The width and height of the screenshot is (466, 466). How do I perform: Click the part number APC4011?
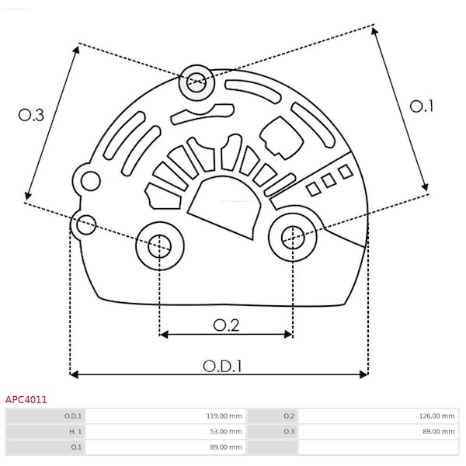click(x=26, y=400)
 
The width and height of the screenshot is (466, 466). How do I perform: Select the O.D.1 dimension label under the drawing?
click(x=222, y=367)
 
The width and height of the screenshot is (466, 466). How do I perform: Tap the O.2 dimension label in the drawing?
click(x=226, y=325)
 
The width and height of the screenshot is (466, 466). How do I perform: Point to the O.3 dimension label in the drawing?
click(x=31, y=115)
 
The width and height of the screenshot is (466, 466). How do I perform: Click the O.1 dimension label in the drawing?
click(x=422, y=106)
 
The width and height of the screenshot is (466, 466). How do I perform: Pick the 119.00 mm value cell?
click(x=224, y=416)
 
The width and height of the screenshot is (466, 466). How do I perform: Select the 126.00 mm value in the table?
click(x=436, y=416)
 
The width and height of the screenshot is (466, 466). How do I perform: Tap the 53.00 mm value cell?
click(x=226, y=432)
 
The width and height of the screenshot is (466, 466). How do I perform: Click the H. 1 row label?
click(x=75, y=432)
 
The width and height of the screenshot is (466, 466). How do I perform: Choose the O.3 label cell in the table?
click(x=289, y=432)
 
